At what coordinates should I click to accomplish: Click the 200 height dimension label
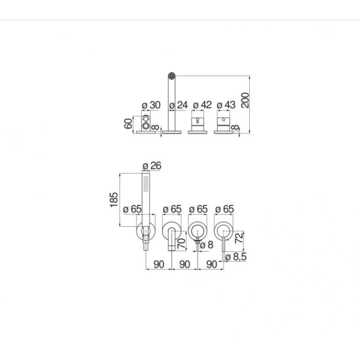[245, 100]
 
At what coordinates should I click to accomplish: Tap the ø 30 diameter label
[151, 105]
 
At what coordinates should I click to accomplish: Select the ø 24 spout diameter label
[179, 105]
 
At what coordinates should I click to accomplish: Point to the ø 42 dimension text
[202, 105]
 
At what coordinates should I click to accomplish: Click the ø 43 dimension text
[226, 105]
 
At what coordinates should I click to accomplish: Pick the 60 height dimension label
[128, 123]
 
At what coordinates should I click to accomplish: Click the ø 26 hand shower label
[152, 166]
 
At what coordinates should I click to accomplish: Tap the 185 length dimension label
[114, 200]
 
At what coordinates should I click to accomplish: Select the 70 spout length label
[181, 243]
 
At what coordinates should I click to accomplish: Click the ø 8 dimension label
[207, 245]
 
